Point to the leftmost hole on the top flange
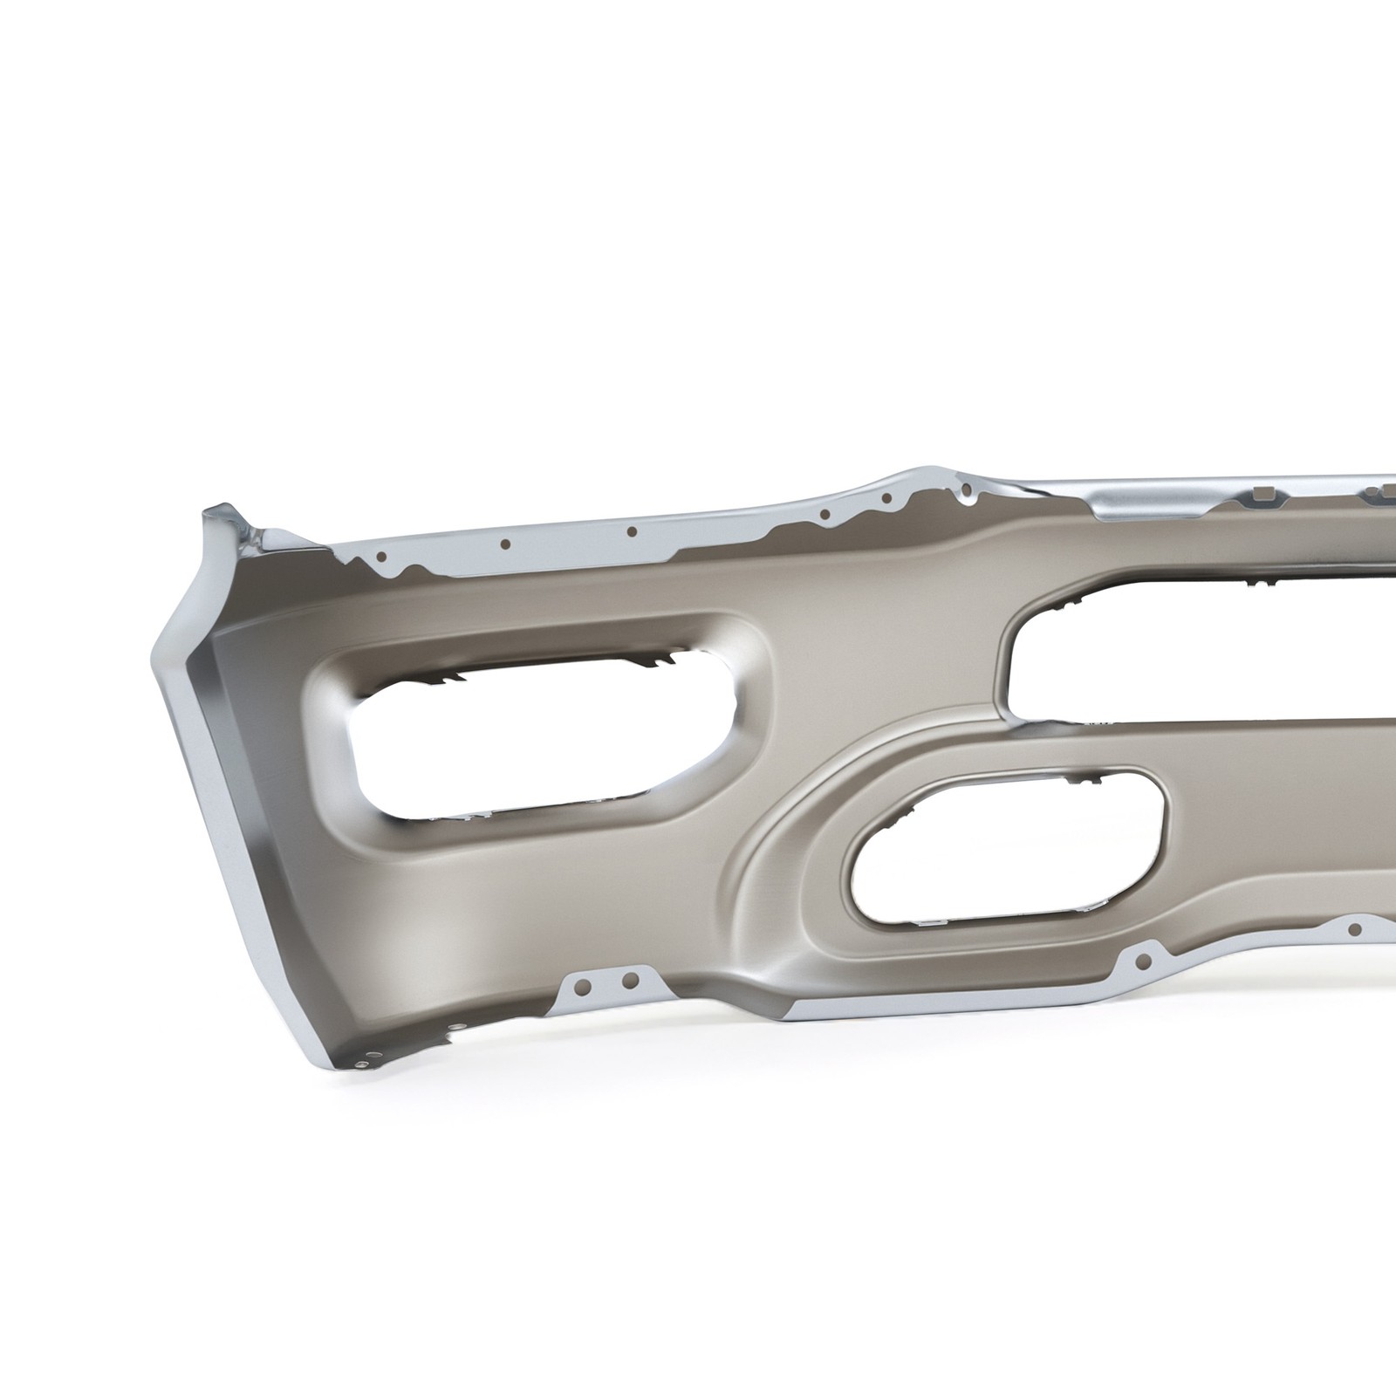tap(381, 555)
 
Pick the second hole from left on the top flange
tap(504, 544)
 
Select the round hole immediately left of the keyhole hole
tap(886, 500)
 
